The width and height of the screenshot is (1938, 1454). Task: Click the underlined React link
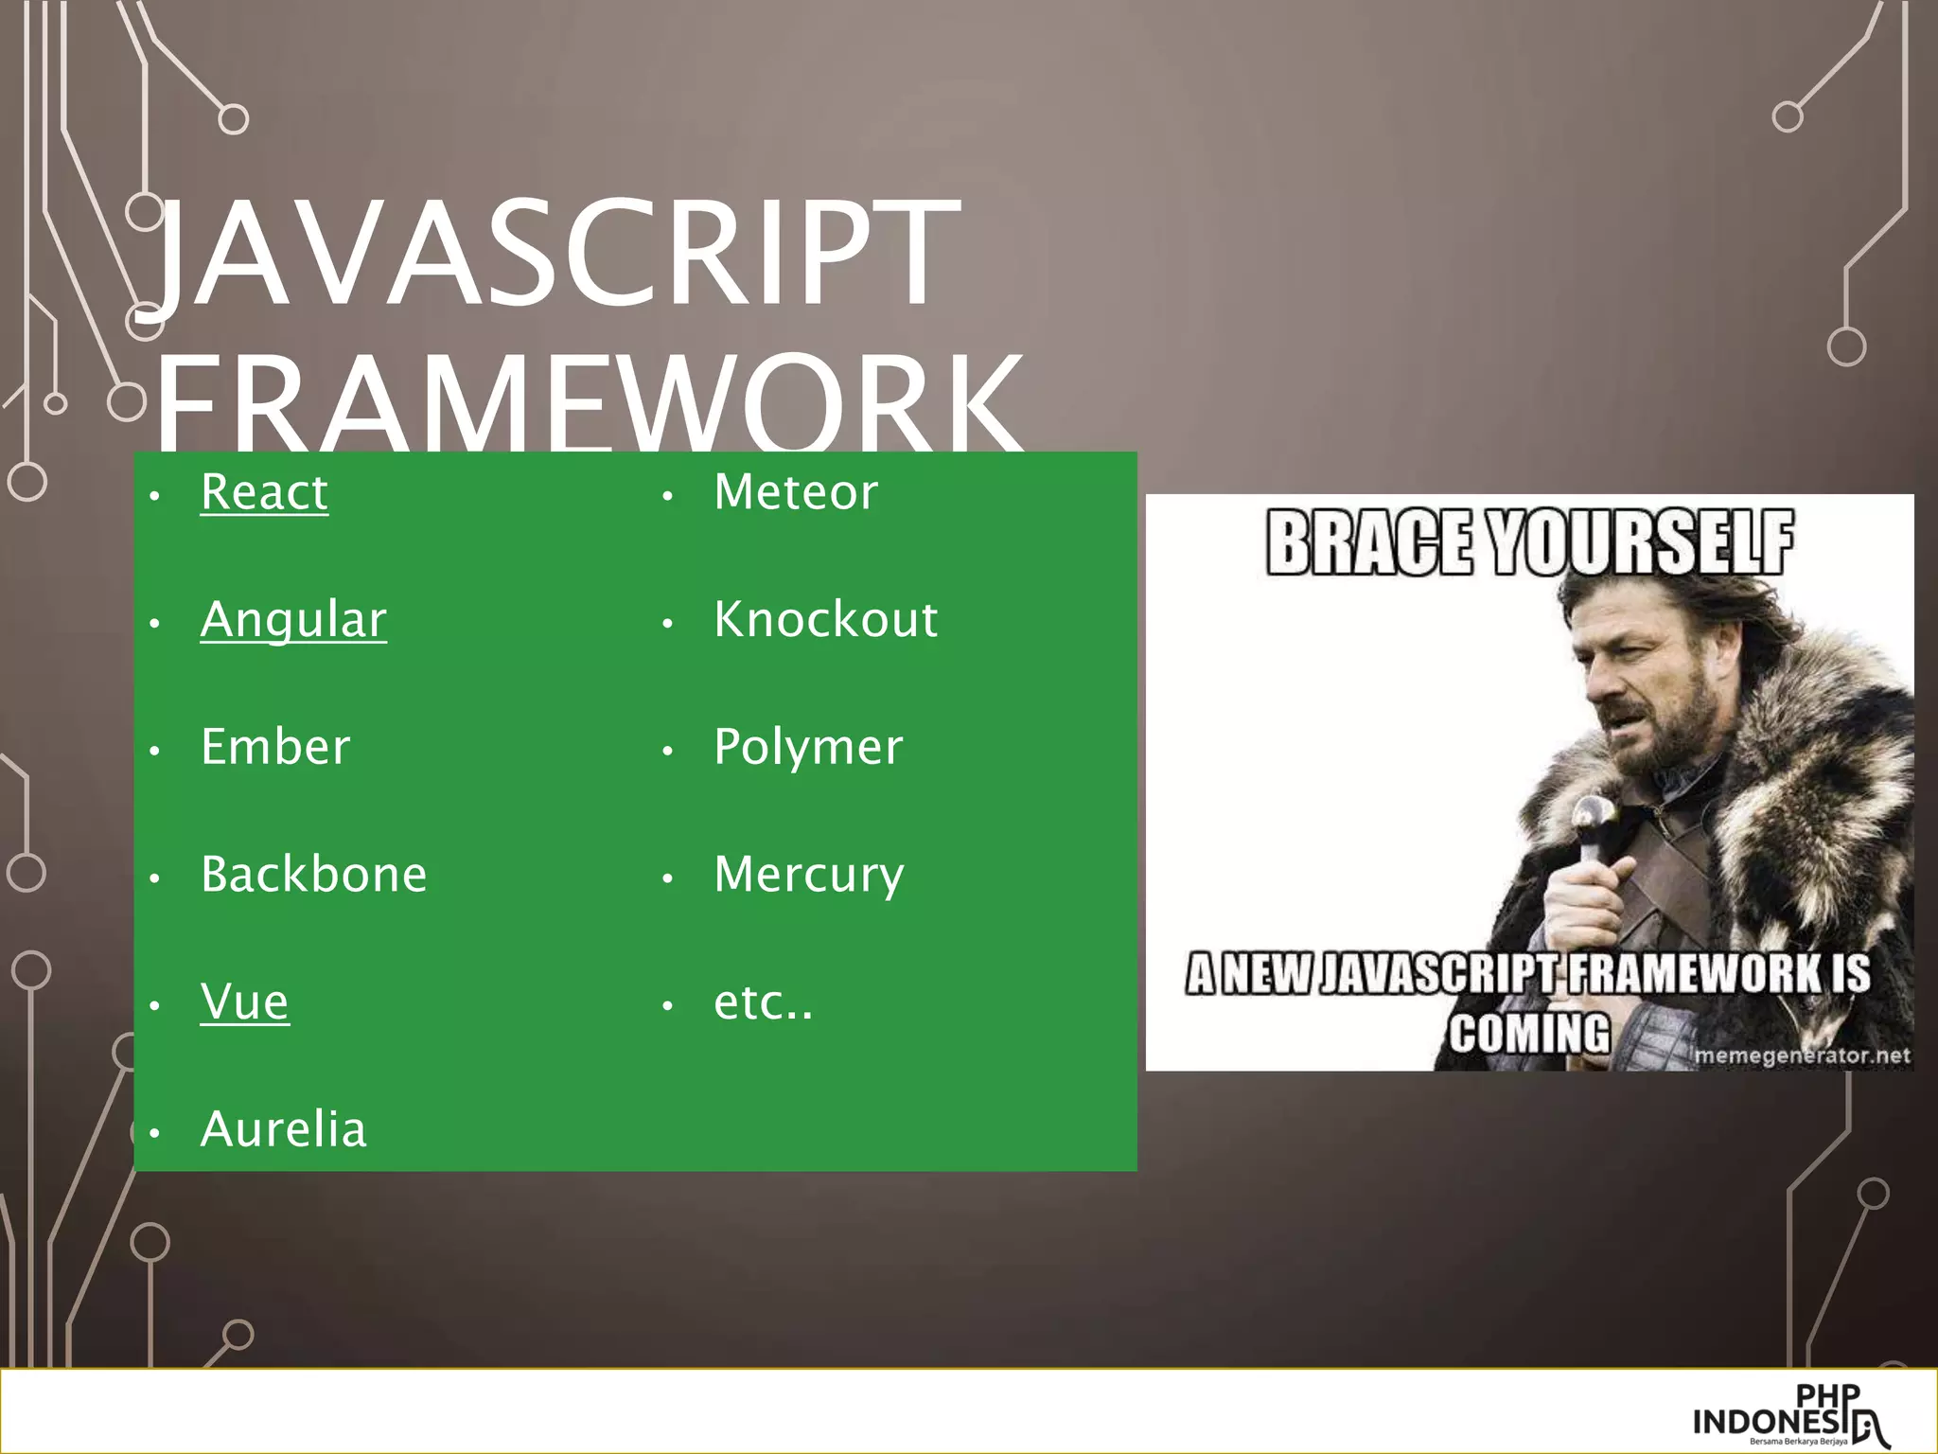264,492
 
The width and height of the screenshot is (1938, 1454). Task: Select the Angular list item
293,620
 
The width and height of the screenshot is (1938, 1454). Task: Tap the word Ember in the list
275,747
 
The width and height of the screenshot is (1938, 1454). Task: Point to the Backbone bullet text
313,874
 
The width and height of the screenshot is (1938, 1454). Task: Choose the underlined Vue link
244,1002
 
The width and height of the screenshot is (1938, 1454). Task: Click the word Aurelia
283,1129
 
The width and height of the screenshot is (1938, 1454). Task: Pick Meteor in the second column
796,492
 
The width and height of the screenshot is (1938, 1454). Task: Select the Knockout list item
825,620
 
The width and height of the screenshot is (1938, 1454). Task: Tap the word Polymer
808,747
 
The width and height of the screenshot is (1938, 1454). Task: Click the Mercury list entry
809,874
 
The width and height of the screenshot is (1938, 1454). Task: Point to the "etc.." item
763,1002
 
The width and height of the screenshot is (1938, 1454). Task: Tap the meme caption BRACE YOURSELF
1529,542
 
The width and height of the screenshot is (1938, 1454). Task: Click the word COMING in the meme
1529,1032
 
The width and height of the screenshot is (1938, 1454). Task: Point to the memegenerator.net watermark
1802,1055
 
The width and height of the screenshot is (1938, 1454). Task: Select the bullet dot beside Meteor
667,496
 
